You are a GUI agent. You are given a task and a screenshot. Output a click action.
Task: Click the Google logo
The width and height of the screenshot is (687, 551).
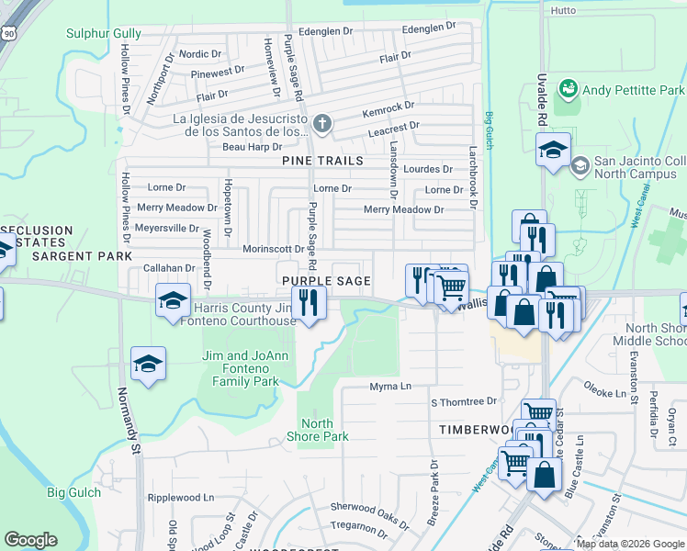[x=31, y=540]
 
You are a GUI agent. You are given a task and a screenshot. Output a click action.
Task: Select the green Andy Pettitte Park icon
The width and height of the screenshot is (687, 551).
[x=569, y=90]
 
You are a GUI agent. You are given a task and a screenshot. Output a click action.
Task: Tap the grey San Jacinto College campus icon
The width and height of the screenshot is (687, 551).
[x=580, y=165]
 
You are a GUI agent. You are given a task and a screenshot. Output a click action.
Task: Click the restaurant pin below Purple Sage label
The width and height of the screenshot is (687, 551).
[x=308, y=302]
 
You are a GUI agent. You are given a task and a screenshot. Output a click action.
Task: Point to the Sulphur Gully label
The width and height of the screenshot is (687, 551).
[x=104, y=34]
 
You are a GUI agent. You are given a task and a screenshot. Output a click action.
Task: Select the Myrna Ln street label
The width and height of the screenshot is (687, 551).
[x=390, y=387]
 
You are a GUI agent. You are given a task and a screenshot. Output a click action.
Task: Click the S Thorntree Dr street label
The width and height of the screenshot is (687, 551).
[x=463, y=401]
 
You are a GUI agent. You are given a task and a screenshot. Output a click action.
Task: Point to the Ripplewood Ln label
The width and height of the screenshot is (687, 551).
[x=180, y=497]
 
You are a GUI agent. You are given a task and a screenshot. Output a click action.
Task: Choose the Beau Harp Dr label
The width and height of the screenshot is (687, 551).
[x=252, y=147]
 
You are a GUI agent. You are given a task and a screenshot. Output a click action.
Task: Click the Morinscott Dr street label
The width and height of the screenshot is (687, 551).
[x=273, y=249]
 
